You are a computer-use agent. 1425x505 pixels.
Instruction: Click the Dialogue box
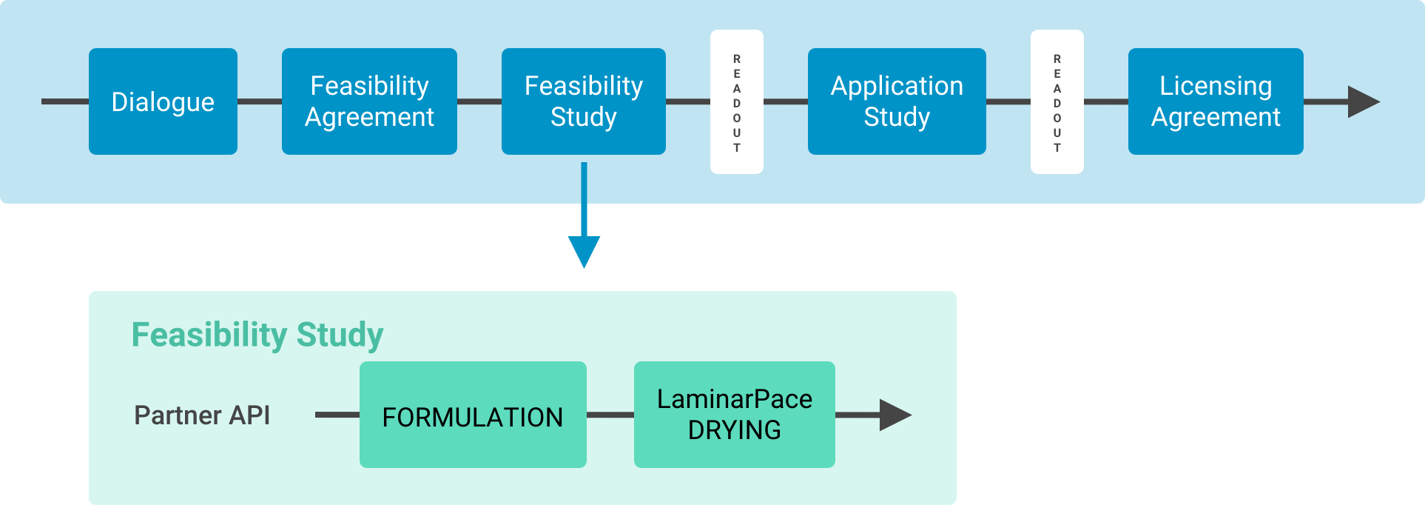coord(163,101)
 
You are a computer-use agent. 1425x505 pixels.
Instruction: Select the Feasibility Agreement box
coord(369,101)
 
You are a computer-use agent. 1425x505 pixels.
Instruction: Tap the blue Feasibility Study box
coord(583,101)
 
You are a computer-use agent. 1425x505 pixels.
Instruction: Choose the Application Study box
coord(897,101)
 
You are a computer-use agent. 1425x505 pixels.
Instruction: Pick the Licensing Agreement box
coord(1216,101)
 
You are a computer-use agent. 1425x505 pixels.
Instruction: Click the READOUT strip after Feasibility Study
coord(737,102)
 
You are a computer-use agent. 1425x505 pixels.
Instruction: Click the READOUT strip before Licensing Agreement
coord(1057,102)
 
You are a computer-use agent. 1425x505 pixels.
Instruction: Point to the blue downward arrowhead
coord(584,251)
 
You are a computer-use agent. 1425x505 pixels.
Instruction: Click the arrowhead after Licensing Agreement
coord(1361,102)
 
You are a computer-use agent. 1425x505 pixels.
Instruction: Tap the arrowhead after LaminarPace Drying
coord(894,415)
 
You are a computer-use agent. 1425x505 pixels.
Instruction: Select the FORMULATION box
coord(473,415)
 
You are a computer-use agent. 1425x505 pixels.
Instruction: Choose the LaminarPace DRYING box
coord(735,415)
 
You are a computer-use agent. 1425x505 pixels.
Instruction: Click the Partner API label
coord(202,415)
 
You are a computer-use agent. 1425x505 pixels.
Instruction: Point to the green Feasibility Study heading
coord(257,335)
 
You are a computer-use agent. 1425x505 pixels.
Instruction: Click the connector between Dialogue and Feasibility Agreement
coord(260,101)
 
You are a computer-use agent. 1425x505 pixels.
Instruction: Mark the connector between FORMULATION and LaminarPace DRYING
coord(610,415)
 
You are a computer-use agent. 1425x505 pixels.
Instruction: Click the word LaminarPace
coord(735,399)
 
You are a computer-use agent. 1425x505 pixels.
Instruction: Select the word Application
coord(897,86)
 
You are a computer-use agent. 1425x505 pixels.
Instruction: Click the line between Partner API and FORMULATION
coord(337,415)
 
